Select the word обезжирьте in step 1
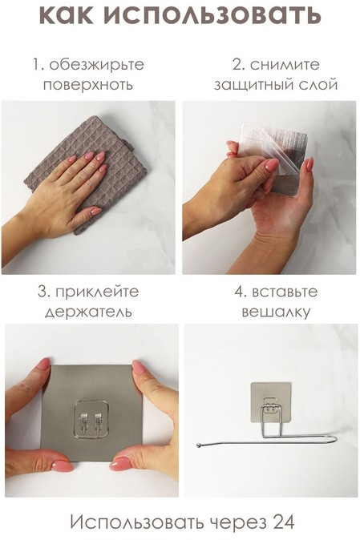click(x=97, y=66)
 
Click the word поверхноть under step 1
click(x=88, y=85)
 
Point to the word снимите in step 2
click(x=285, y=65)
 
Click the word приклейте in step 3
click(x=97, y=292)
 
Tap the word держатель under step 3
click(x=88, y=312)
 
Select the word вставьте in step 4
click(x=285, y=292)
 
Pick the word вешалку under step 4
click(x=276, y=312)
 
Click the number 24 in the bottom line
click(x=284, y=522)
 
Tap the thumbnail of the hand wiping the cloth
click(x=88, y=187)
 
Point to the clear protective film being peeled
click(x=272, y=145)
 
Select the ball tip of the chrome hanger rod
click(x=199, y=445)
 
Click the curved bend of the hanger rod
click(x=334, y=438)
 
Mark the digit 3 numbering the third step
click(x=42, y=292)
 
